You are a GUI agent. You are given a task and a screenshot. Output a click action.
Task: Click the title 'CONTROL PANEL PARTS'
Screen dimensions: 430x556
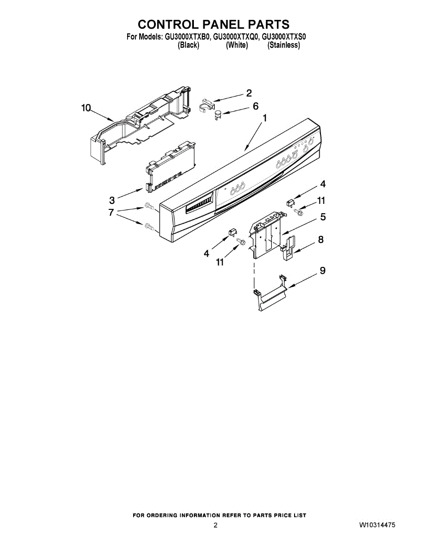coord(214,24)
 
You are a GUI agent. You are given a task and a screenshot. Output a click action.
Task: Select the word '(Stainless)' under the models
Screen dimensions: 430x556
coord(283,45)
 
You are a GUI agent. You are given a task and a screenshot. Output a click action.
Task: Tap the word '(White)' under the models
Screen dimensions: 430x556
coord(237,45)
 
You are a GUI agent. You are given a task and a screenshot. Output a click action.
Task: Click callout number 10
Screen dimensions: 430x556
coord(86,108)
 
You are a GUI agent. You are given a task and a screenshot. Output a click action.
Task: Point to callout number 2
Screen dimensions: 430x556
coord(249,93)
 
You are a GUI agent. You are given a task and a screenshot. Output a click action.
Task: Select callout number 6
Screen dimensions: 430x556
coord(255,106)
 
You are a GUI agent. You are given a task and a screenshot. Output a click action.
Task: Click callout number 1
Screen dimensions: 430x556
coord(265,119)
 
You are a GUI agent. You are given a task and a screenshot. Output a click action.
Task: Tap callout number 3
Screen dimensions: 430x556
coord(112,200)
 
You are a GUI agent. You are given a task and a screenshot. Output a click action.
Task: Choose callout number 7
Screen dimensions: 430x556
coord(111,213)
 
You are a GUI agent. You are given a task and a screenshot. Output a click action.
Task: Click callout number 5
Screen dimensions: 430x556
coord(322,216)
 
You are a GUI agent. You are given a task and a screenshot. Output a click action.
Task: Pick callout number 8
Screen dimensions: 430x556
coord(321,240)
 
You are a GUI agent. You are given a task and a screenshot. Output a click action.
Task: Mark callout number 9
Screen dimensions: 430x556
coord(322,271)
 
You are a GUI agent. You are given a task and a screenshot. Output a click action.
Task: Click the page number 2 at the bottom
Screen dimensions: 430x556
coord(215,525)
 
